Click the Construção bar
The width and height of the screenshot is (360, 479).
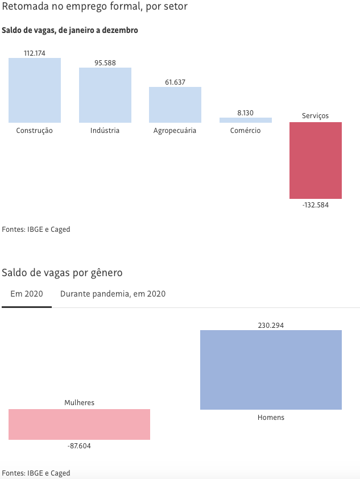[35, 90]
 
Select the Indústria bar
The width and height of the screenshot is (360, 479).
[105, 95]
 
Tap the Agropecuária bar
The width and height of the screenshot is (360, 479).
[175, 105]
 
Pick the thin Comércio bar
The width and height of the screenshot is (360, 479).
[246, 120]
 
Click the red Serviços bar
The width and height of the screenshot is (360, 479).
[316, 160]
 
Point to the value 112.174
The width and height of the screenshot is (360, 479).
[35, 53]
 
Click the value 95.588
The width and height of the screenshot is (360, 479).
[105, 63]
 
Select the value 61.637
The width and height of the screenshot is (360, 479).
[175, 82]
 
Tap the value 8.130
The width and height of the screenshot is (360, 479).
[246, 113]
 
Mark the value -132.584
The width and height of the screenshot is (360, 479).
[316, 205]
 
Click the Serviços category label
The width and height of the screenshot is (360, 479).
[316, 116]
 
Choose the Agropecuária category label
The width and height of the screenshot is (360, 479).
[175, 131]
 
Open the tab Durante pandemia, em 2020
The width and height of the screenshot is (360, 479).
[113, 294]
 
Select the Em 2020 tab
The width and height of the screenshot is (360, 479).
[27, 294]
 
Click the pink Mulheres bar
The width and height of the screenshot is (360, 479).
[79, 424]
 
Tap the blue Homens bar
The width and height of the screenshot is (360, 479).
[271, 370]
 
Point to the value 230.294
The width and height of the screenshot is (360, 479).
[271, 326]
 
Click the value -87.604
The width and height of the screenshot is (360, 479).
[79, 446]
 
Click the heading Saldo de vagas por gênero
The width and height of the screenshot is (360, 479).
[62, 273]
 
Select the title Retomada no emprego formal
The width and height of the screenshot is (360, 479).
[94, 7]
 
